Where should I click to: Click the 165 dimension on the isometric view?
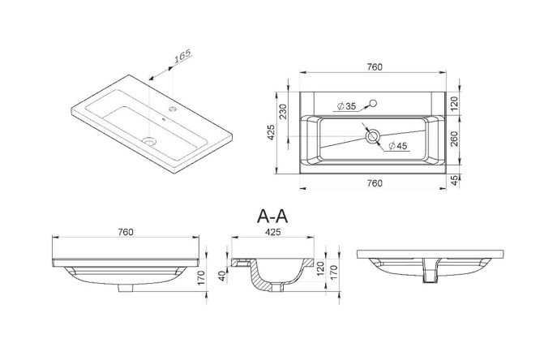[x=182, y=56]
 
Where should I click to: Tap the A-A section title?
[x=272, y=216]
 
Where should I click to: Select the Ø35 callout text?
[x=346, y=106]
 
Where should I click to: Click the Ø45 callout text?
[x=398, y=146]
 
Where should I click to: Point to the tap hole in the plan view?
[x=373, y=103]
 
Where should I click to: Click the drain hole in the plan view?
[x=372, y=136]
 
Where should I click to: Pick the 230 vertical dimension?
[x=283, y=111]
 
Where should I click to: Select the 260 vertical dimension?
[x=455, y=139]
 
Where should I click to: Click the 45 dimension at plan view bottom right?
[x=455, y=180]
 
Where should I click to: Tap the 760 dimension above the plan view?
[x=374, y=66]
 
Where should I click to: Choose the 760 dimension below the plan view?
[x=374, y=183]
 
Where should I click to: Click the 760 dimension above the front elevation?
[x=126, y=232]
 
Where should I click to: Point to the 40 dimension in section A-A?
[x=222, y=276]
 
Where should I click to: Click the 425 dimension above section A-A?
[x=272, y=232]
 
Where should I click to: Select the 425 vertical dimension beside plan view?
[x=271, y=132]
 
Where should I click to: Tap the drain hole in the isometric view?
[x=150, y=140]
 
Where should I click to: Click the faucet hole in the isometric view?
[x=173, y=109]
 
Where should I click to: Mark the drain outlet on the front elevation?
[x=126, y=288]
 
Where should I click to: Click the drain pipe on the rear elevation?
[x=431, y=271]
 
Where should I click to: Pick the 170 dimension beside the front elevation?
[x=201, y=277]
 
